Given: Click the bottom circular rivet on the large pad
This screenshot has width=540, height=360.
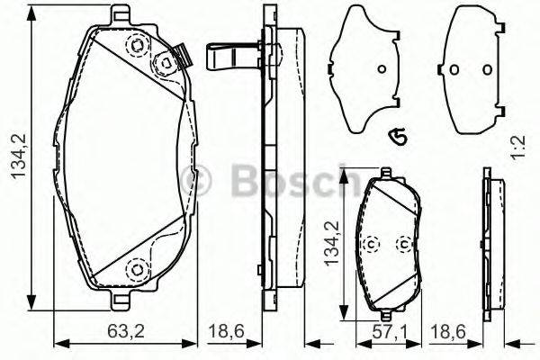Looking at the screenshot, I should coord(138,267).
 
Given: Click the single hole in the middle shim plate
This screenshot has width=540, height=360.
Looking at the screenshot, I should coord(380,71).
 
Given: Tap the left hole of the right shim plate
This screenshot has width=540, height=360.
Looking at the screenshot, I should coord(454,71).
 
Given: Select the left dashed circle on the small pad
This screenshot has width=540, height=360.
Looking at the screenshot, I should coord(371,244).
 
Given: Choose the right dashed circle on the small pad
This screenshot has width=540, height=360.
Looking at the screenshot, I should coord(403,243).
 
